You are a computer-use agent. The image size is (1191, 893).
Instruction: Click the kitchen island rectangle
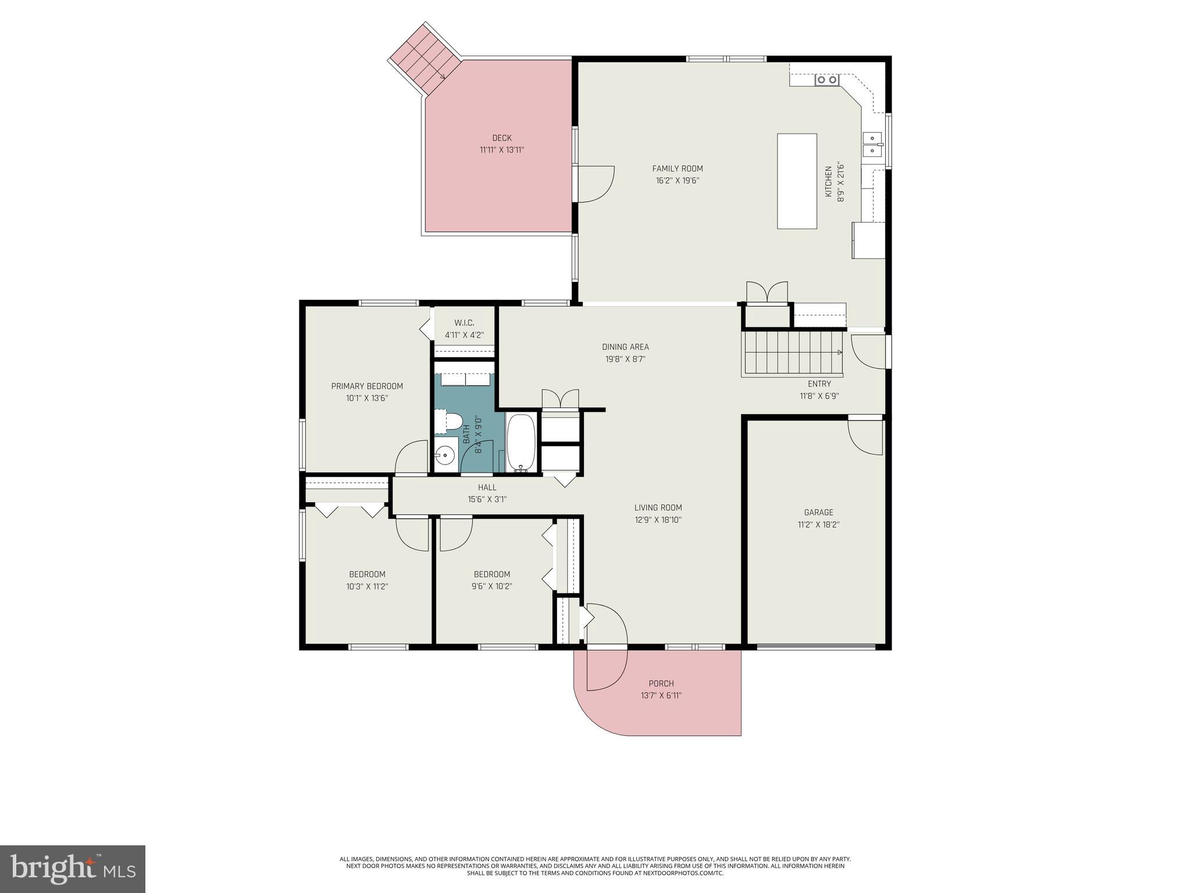pyautogui.click(x=797, y=181)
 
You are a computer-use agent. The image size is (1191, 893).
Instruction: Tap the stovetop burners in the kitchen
pyautogui.click(x=826, y=80)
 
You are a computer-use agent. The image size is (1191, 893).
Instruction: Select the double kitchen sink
pyautogui.click(x=872, y=144)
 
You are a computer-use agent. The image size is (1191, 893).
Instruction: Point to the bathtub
pyautogui.click(x=520, y=442)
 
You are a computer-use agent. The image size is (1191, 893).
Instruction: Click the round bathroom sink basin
pyautogui.click(x=445, y=454)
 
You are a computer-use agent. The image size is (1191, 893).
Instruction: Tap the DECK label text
pyautogui.click(x=502, y=138)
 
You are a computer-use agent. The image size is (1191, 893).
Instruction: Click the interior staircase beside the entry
pyautogui.click(x=792, y=352)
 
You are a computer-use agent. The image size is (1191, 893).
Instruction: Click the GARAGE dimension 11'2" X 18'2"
pyautogui.click(x=818, y=524)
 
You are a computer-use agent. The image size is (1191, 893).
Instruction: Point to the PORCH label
pyautogui.click(x=661, y=684)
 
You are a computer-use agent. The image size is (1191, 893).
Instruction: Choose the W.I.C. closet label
pyautogui.click(x=464, y=323)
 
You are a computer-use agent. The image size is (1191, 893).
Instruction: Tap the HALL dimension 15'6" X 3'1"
pyautogui.click(x=487, y=499)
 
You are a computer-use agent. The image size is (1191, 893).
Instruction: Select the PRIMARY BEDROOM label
pyautogui.click(x=367, y=387)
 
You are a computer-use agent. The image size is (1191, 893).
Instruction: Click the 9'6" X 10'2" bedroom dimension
pyautogui.click(x=492, y=587)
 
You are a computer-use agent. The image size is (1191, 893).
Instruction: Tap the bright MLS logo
pyautogui.click(x=73, y=869)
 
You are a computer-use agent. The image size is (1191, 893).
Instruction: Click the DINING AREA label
pyautogui.click(x=625, y=347)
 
